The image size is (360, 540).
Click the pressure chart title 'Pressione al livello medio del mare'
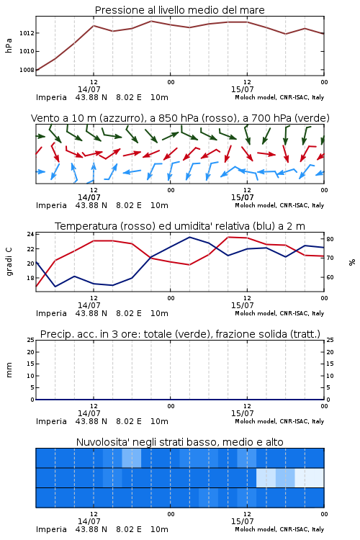coord(179,10)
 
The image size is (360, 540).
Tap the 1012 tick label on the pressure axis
coord(27,33)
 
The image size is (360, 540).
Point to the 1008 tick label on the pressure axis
coord(27,70)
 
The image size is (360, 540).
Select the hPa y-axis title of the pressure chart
coord(9,45)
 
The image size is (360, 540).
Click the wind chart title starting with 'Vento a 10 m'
coord(180,118)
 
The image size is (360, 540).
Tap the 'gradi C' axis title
coord(9,262)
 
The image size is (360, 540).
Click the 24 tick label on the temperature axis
coord(30,234)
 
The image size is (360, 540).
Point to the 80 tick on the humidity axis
coord(330,239)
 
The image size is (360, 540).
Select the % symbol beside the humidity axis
coord(352,262)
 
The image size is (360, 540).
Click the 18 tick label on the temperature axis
coord(30,278)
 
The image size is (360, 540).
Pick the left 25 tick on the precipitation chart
coord(30,340)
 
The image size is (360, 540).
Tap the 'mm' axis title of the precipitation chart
coord(9,370)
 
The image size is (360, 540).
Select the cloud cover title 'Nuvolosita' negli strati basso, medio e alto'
coord(179,442)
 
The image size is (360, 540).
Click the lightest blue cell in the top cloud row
coord(132,458)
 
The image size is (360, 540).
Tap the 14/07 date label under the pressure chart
coord(89,89)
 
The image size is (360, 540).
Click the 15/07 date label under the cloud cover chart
coord(242,521)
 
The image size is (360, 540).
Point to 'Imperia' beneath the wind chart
coord(51,205)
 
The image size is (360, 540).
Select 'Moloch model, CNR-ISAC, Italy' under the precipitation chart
coord(279,421)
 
